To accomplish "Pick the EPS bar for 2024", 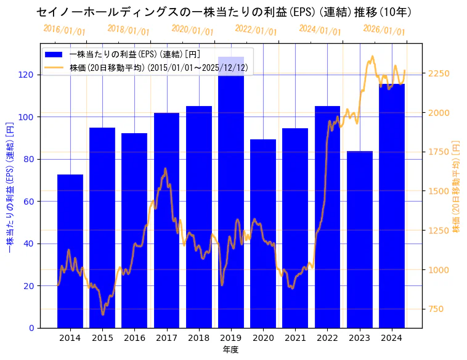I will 392,206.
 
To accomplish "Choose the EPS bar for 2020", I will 263,234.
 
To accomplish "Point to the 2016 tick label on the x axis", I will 134,338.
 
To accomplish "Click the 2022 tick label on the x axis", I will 327,338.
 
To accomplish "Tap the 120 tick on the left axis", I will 26,75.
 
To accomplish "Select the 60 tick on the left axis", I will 28,202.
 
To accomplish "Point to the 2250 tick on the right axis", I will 439,73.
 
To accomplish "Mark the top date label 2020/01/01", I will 192,30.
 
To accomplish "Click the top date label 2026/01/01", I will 384,30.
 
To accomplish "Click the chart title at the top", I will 224,12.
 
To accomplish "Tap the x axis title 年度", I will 230,350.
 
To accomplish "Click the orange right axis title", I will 457,186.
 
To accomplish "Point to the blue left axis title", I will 9,186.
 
